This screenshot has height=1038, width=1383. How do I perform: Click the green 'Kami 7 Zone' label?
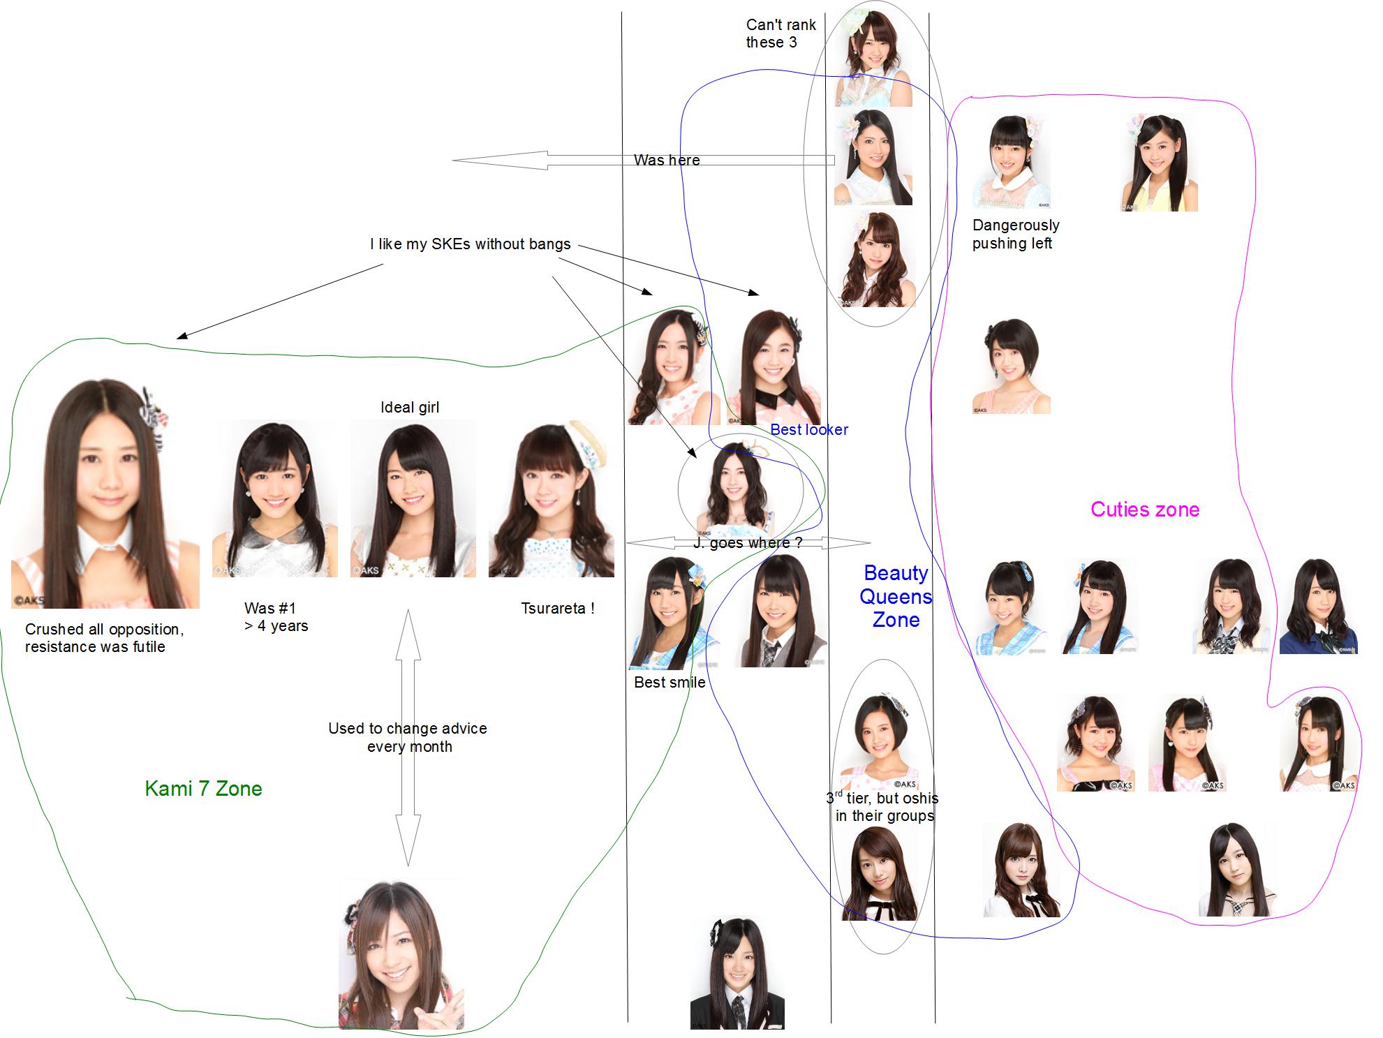point(203,789)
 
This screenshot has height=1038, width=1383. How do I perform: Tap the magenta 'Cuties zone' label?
point(1145,510)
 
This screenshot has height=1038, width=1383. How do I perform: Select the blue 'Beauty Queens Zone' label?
point(896,597)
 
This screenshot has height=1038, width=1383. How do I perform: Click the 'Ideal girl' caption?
point(410,408)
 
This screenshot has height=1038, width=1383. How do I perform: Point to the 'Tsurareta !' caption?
point(557,608)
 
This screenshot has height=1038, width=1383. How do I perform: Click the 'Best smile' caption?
point(670,683)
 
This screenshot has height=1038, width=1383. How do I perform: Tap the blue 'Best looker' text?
point(809,430)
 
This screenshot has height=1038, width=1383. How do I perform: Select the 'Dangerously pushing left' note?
point(1015,235)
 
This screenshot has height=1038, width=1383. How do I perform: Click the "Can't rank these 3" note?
point(781,34)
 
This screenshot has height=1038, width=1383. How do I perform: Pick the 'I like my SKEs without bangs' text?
point(470,244)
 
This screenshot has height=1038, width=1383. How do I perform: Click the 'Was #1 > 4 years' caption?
point(276,617)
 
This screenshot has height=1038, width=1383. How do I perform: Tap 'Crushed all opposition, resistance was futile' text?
point(105,638)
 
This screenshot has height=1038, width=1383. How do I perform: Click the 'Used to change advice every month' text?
point(408,737)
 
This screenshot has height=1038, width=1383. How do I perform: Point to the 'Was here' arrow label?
point(667,160)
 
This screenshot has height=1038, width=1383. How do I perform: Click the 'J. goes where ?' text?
point(748,543)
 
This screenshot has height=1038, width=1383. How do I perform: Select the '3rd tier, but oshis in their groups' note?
point(883,807)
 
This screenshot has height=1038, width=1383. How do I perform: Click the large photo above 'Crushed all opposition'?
point(105,494)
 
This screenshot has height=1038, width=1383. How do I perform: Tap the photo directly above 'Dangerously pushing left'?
point(1011,162)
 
